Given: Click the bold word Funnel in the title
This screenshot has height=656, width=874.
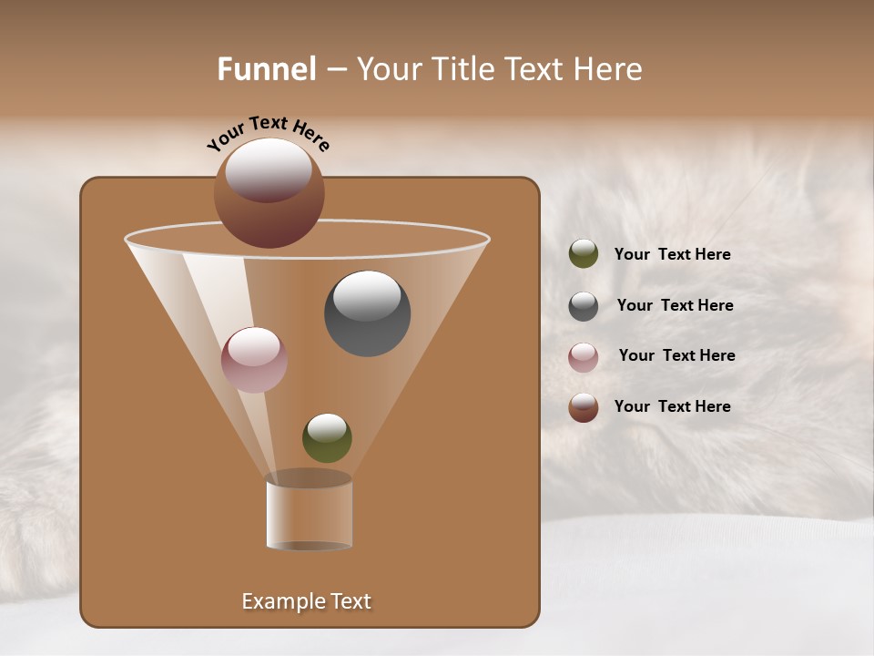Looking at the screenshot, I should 267,69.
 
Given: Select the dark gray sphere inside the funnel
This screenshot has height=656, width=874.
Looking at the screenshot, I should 368,314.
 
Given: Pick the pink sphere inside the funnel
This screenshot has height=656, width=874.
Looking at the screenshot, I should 254,360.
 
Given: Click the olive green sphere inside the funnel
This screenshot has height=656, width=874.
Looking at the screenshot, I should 327,438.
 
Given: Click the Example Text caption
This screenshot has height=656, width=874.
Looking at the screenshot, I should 306,601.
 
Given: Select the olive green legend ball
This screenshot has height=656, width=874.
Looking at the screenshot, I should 584,254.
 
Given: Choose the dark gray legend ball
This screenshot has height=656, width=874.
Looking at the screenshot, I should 584,305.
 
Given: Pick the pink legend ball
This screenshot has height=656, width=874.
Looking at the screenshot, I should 584,356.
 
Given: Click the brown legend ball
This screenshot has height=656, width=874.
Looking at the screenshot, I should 584,407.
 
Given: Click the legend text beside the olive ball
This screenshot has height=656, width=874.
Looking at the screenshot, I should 672,254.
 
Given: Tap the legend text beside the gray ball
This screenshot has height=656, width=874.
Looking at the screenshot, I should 675,305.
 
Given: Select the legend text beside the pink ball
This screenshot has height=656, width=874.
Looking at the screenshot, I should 676,355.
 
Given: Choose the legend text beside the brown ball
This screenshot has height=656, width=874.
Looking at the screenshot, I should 672,406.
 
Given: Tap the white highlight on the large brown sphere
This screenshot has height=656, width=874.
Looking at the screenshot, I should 269,169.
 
